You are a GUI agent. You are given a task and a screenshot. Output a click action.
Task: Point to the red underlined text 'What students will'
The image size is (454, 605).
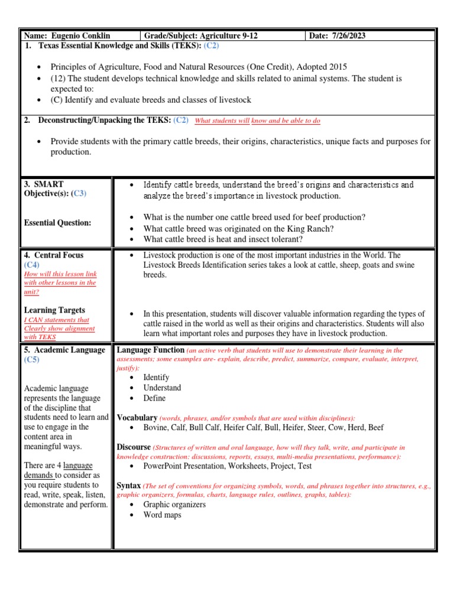click(222, 121)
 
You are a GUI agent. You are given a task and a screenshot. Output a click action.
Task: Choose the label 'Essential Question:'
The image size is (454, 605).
click(57, 223)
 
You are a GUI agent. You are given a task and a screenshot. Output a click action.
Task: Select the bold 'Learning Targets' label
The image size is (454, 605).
click(54, 310)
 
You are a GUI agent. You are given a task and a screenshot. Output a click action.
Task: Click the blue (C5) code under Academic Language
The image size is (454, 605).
click(32, 360)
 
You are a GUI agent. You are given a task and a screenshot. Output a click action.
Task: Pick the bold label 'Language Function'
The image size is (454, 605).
click(151, 350)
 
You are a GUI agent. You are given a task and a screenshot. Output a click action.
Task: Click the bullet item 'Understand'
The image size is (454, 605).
click(162, 388)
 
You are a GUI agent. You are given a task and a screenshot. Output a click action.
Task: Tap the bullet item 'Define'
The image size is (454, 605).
click(154, 398)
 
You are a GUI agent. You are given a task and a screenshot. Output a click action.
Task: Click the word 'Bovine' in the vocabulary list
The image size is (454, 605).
click(155, 427)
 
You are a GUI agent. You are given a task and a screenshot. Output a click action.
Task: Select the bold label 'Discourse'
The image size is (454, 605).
click(134, 447)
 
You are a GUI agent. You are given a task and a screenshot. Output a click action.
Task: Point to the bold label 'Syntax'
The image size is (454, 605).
click(129, 485)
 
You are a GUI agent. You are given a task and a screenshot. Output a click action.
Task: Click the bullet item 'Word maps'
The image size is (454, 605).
click(162, 515)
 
